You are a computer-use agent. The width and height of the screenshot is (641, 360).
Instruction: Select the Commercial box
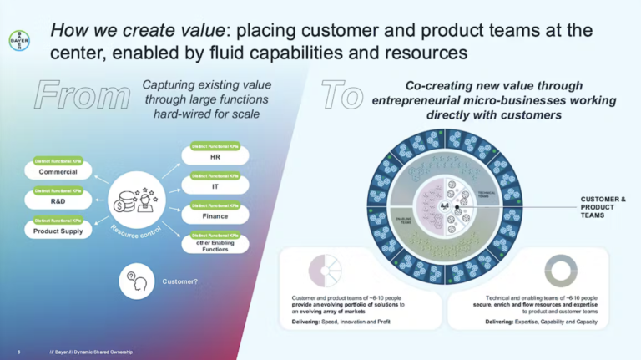58,172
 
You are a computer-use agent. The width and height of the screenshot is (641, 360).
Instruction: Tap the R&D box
58,201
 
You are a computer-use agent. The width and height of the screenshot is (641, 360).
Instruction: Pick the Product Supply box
58,231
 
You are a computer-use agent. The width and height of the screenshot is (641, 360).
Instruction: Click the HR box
215,156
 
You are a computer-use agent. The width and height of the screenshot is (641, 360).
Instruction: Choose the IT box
215,186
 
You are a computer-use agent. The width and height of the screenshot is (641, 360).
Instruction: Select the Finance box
215,215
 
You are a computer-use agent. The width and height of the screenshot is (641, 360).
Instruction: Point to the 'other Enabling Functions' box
215,246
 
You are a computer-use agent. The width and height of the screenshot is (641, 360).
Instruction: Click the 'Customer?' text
179,281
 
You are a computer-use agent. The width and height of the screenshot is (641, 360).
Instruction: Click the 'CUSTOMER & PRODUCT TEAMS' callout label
603,207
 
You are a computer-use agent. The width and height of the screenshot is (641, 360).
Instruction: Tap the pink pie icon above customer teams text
324,270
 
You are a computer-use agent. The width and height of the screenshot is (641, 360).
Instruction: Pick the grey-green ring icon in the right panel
560,270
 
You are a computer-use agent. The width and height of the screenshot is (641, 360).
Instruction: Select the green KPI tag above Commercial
58,160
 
